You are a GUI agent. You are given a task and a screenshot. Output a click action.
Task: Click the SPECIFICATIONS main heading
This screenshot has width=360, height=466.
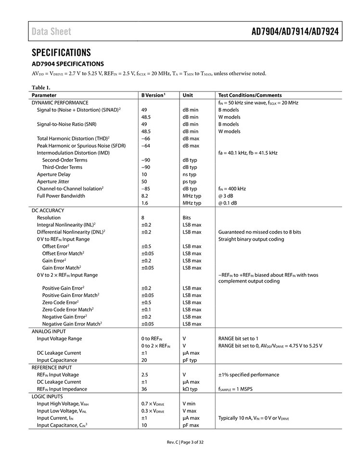point(61,52)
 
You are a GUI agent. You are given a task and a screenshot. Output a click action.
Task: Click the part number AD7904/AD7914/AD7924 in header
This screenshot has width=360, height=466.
point(295,32)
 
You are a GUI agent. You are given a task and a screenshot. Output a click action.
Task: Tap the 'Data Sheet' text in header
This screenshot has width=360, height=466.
point(51,32)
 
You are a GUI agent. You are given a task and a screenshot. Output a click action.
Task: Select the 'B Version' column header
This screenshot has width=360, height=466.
point(153,95)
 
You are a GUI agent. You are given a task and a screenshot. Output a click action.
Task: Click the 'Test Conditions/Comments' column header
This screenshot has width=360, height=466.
point(250,95)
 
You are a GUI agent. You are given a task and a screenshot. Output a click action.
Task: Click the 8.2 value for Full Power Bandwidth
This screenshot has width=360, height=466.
point(145,196)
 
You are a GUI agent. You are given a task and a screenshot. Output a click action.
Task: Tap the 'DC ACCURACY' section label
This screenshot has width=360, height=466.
point(48,210)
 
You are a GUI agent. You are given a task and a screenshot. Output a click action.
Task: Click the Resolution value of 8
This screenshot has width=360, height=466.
point(143,218)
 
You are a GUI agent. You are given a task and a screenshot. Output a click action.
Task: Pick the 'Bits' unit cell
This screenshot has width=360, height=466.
point(187,218)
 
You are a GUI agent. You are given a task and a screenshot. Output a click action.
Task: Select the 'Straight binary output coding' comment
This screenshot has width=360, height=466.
point(251,239)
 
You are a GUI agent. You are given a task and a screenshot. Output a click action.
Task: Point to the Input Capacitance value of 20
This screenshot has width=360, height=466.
point(144,360)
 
